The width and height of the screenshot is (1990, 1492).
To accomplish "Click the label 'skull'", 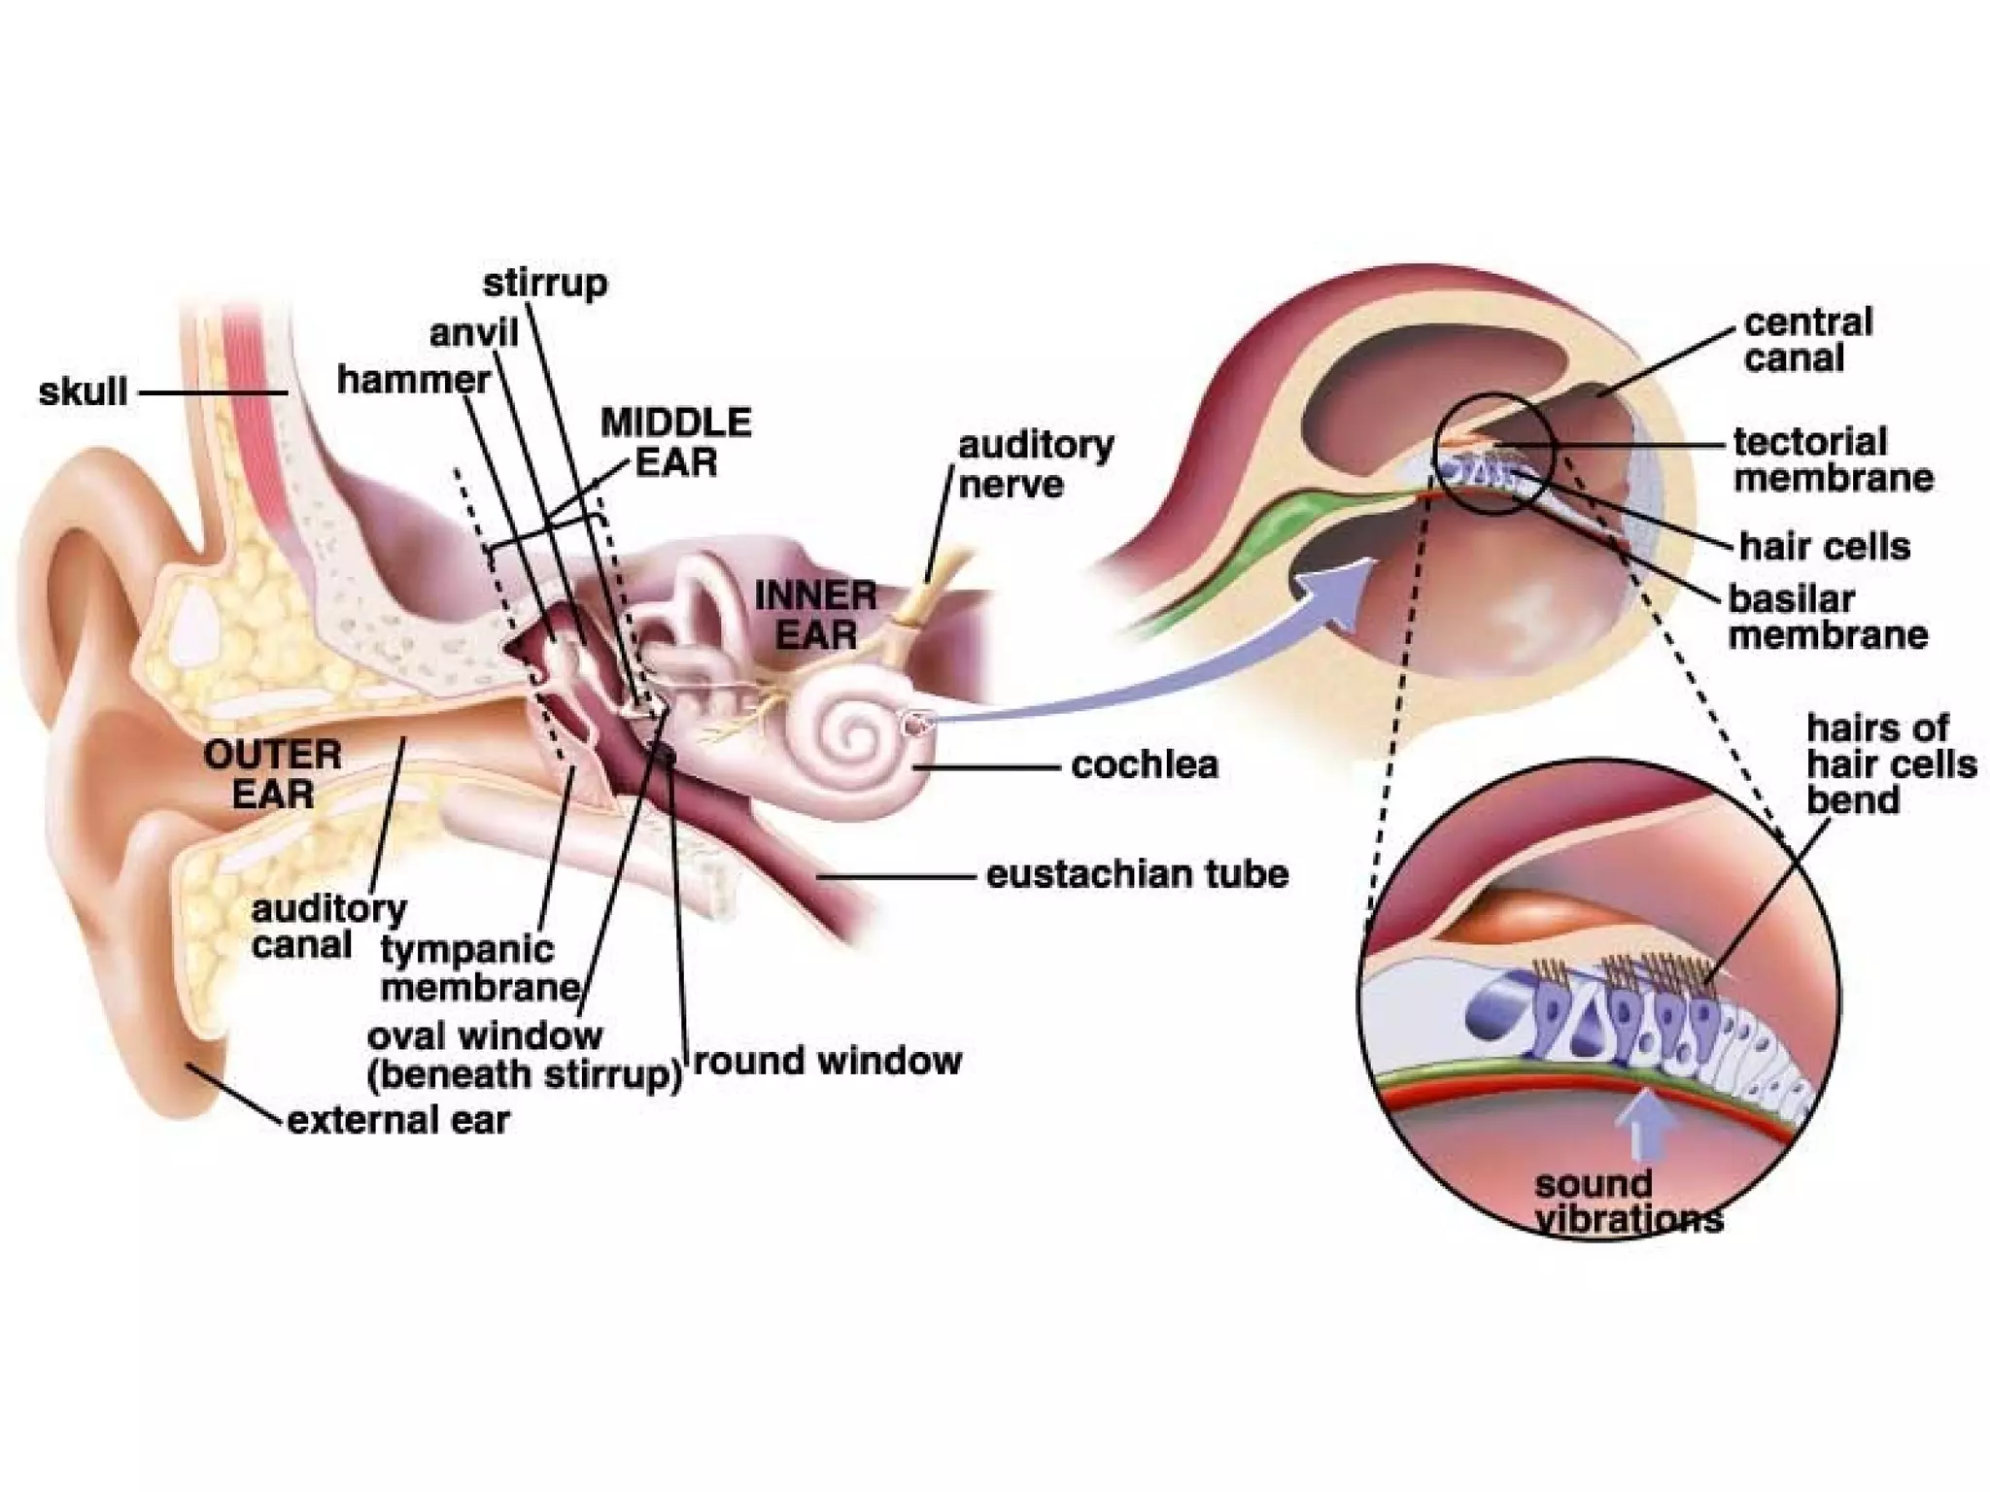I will [83, 392].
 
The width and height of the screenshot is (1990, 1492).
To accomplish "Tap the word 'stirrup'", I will [545, 284].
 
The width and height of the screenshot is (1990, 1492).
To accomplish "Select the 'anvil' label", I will [473, 333].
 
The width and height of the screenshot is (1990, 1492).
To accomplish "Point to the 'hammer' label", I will [413, 380].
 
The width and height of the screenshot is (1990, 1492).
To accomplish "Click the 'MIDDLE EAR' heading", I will [676, 442].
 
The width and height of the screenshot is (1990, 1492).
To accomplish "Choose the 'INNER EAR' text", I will [815, 614].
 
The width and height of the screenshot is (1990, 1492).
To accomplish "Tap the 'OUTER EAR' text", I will [272, 774].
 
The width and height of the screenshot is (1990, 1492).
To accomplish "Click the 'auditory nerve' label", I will [1036, 464].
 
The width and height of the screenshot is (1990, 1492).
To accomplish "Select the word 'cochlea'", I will [1145, 764].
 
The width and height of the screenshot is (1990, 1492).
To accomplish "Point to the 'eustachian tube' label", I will [1137, 874].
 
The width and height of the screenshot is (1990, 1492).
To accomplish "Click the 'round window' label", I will [827, 1060].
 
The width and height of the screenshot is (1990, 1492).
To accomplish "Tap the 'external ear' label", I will [398, 1120].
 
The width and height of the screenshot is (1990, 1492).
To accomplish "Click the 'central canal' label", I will [1807, 340].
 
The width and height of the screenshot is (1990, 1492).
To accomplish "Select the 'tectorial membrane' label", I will [1833, 459].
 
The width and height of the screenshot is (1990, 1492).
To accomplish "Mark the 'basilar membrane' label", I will [1827, 617].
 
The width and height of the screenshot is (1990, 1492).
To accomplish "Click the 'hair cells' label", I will [1824, 546].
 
